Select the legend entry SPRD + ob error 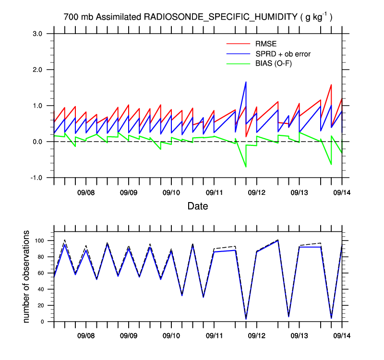click(x=283, y=54)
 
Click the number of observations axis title click(x=27, y=277)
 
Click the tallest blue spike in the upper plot click(x=246, y=82)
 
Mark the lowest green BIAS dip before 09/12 click(x=246, y=167)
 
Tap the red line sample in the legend click(x=238, y=45)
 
